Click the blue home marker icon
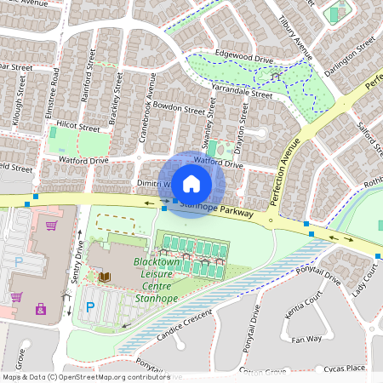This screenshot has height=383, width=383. [191, 183]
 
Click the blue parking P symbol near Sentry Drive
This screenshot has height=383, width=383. [89, 308]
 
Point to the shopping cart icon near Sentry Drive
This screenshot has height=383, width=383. [52, 226]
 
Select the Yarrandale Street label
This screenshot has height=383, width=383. [243, 91]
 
